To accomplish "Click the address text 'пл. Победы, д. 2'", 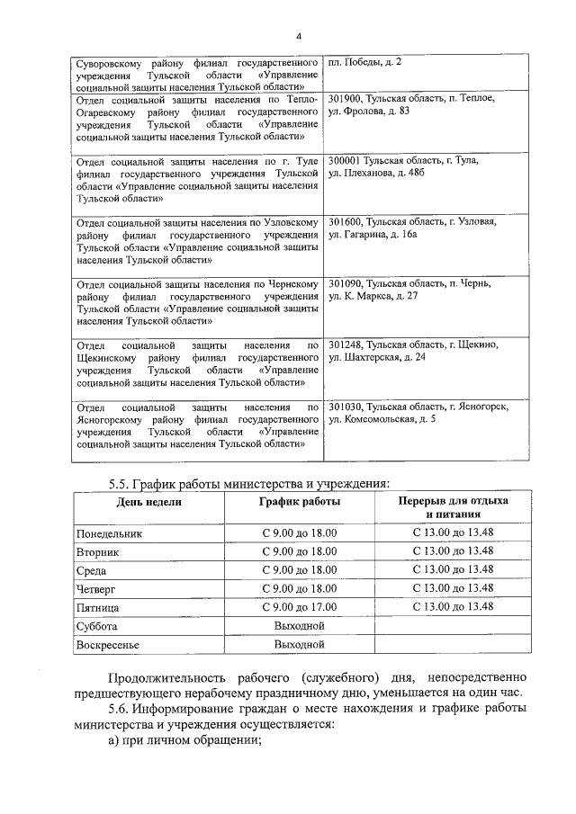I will [x=365, y=61].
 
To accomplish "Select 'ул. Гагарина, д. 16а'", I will [x=373, y=235].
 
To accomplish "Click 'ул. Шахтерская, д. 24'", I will [x=377, y=357].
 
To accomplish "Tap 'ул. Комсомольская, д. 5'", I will [x=382, y=419].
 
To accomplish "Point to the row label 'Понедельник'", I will [x=110, y=533].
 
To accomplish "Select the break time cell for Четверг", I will [x=453, y=588].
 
